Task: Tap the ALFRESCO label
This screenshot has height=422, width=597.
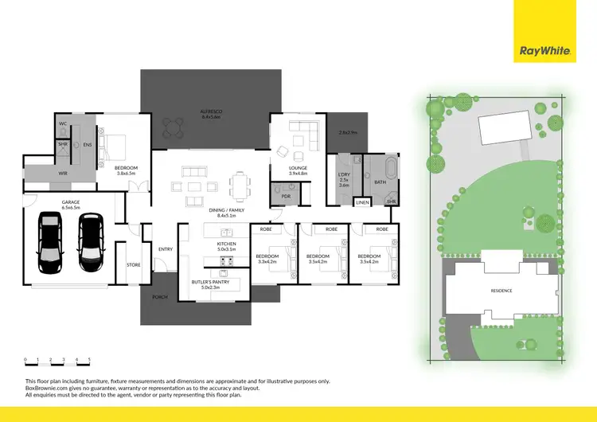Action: pyautogui.click(x=211, y=112)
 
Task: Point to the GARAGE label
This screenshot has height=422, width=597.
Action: pyautogui.click(x=71, y=203)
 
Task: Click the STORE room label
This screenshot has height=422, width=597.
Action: pyautogui.click(x=133, y=265)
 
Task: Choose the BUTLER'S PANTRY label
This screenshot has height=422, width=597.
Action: pyautogui.click(x=210, y=283)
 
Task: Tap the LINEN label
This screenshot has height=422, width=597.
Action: pyautogui.click(x=363, y=202)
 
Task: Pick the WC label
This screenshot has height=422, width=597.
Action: pyautogui.click(x=62, y=124)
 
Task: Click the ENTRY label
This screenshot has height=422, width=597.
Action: pyautogui.click(x=166, y=249)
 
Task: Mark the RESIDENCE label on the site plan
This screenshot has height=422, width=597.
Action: pyautogui.click(x=501, y=291)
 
